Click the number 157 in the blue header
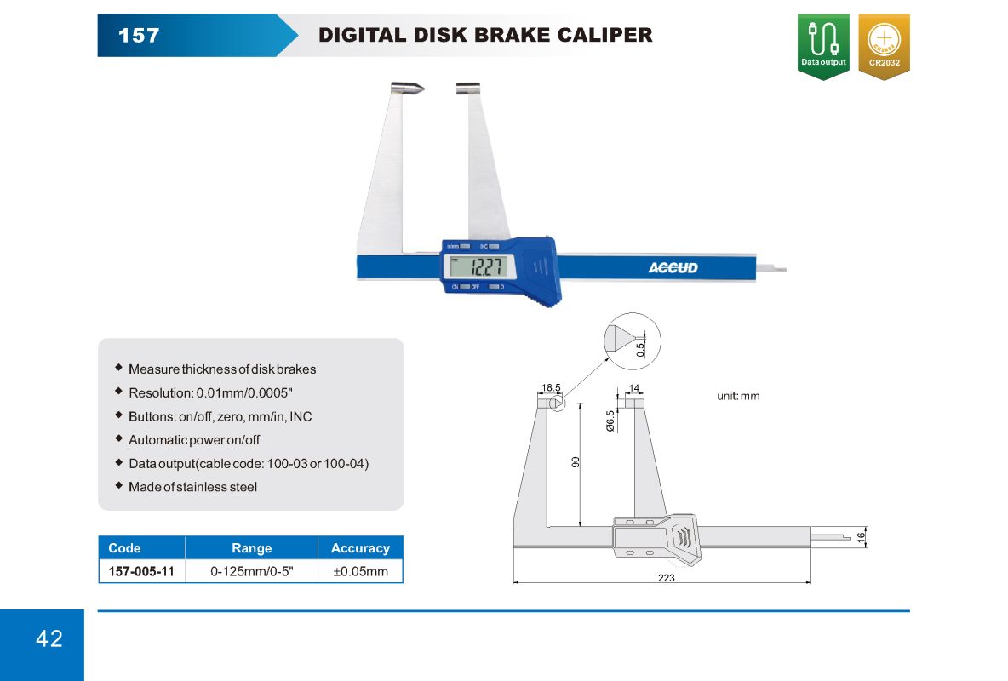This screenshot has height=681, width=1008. (x=138, y=36)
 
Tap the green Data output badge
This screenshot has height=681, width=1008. (x=823, y=46)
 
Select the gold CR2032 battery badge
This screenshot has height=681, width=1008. (x=884, y=46)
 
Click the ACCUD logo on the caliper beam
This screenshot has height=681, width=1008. (x=673, y=268)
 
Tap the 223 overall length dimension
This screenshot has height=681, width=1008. (x=667, y=578)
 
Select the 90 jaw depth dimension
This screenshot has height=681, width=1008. (x=576, y=462)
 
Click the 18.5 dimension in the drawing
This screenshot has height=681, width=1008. (x=551, y=387)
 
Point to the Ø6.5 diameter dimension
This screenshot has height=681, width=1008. (x=610, y=421)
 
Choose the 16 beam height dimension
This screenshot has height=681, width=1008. (x=861, y=536)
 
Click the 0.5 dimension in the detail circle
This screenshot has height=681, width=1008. (x=640, y=347)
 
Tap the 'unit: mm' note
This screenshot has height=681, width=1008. (x=738, y=396)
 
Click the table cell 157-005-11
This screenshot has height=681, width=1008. (x=141, y=571)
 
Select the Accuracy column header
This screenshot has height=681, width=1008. (x=360, y=548)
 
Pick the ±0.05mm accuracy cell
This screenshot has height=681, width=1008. (x=360, y=571)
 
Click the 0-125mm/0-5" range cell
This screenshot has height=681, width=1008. (x=251, y=571)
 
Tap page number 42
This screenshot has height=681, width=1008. (x=49, y=639)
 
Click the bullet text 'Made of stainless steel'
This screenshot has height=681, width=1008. (x=192, y=487)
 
